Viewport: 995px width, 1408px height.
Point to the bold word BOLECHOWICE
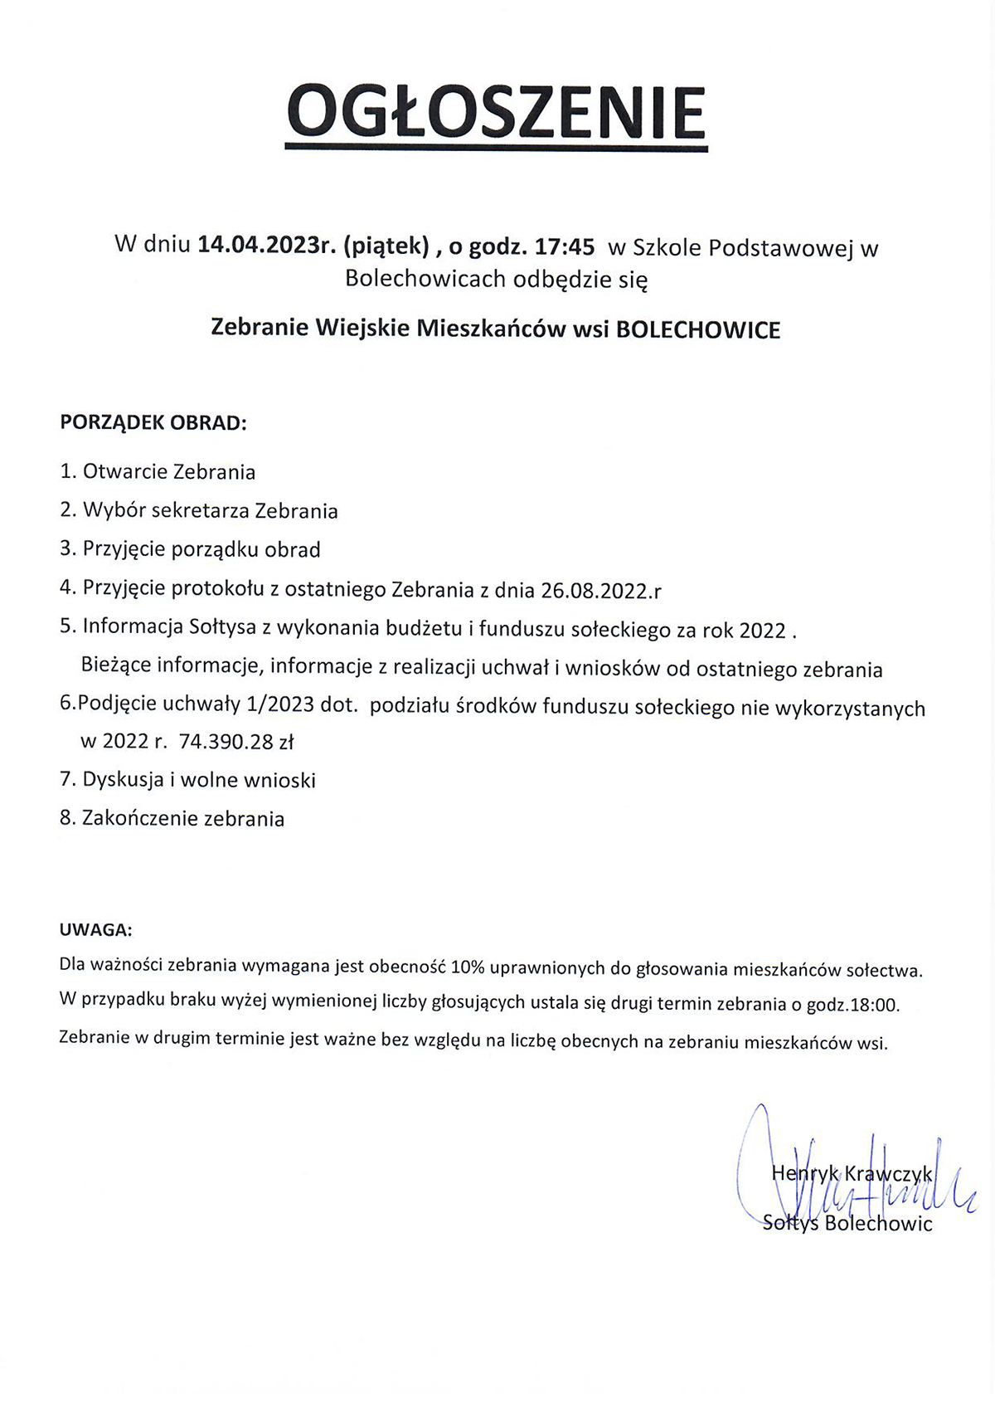(698, 329)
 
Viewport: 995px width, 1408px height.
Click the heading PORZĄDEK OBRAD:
(153, 422)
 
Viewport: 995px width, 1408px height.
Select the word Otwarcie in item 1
(125, 472)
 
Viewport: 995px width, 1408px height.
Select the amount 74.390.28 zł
(236, 742)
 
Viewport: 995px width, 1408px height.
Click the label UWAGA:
(95, 929)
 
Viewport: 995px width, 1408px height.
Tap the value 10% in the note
(468, 967)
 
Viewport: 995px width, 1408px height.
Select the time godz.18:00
(852, 1005)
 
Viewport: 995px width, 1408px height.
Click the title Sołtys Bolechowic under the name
(847, 1223)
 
